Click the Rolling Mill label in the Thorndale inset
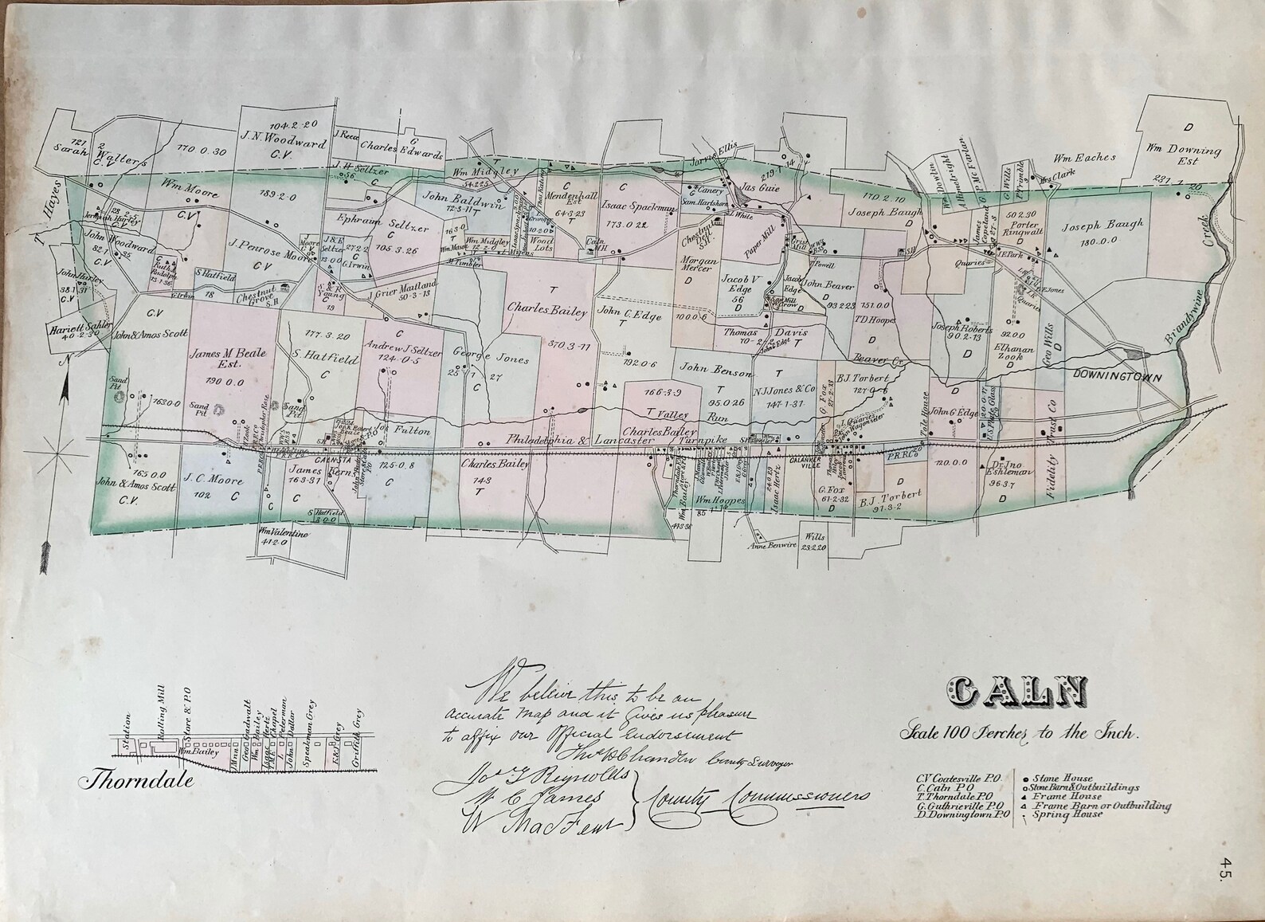161,732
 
